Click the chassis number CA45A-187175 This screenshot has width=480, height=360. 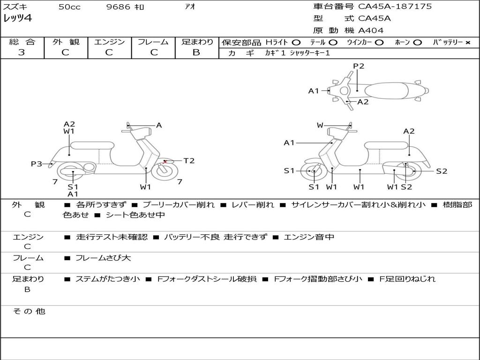click(395, 6)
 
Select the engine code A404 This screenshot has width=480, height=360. click(371, 30)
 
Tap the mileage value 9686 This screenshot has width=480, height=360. click(118, 7)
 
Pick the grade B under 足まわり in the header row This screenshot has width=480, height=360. click(196, 52)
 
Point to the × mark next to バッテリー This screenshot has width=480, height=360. click(468, 43)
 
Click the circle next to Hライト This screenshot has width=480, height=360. click(296, 43)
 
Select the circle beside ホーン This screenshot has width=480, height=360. click(417, 43)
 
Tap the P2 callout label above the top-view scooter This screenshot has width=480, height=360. click(359, 66)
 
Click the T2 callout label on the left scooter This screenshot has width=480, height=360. click(189, 160)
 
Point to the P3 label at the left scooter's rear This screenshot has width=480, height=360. click(37, 164)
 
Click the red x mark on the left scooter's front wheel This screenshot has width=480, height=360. click(165, 161)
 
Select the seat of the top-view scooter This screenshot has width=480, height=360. click(386, 91)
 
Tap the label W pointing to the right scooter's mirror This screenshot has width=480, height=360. click(320, 125)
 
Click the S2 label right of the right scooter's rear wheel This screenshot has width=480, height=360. click(442, 171)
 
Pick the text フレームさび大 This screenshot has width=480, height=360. click(103, 258)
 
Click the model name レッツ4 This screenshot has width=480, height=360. click(17, 18)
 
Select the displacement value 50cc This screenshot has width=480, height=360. click(69, 7)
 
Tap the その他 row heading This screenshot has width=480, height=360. click(29, 311)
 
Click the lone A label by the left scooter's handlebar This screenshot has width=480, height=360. click(159, 125)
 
